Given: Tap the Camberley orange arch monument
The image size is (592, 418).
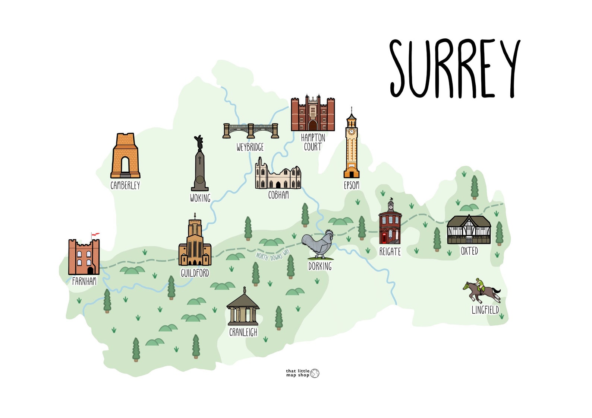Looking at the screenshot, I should click(125, 156).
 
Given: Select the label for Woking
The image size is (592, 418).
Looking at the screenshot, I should click(200, 198).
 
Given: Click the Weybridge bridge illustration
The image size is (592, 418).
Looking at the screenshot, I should click(251, 131).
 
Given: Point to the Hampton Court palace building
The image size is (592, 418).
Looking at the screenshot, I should click(312, 114).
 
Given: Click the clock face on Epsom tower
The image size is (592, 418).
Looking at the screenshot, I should click(351, 131).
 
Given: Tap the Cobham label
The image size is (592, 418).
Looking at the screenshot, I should click(278, 195).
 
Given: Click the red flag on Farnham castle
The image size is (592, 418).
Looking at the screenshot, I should click(96, 234).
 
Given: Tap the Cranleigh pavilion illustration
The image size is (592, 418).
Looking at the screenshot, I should click(243, 309).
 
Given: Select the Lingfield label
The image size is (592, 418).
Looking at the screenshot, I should click(485, 310).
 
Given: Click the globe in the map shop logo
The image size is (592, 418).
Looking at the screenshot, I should click(315, 373).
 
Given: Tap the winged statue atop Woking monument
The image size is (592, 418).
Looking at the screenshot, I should click(199, 143).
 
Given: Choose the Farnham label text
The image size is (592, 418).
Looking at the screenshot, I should click(84, 281).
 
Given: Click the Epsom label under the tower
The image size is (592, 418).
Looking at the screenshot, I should click(351, 185).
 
